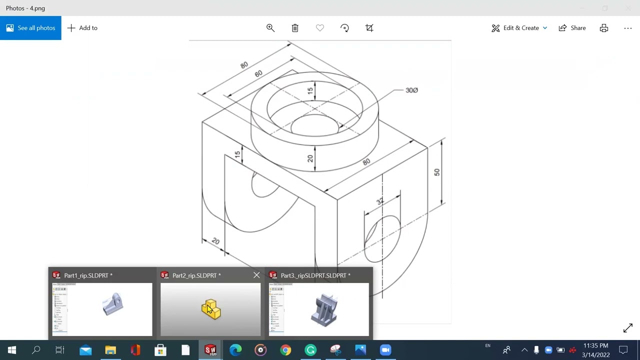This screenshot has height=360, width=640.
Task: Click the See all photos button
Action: (30, 28)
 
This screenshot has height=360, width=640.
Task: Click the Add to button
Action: (82, 28)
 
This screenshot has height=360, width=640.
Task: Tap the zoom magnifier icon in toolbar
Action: (270, 28)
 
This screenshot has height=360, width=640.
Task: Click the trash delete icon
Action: (295, 28)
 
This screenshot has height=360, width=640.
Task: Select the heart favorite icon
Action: (320, 28)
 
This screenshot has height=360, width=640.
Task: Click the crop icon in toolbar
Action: (369, 28)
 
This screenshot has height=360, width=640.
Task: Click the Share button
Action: (572, 28)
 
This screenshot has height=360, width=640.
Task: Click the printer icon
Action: (604, 28)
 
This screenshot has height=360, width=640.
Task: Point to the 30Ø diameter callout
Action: (411, 90)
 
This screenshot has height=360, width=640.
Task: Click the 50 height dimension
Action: (436, 172)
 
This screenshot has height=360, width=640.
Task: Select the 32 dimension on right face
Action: (380, 201)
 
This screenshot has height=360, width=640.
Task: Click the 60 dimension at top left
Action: (258, 73)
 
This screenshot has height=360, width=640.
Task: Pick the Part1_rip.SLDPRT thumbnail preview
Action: (102, 309)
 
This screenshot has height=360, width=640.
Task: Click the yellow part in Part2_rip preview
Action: (211, 309)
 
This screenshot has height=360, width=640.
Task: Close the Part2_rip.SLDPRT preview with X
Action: (256, 275)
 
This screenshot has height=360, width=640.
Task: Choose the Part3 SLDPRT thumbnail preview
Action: (319, 309)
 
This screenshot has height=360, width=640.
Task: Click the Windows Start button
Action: (11, 350)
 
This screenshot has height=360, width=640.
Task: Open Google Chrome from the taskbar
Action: (285, 350)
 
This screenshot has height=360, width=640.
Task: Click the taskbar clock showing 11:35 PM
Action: (595, 350)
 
